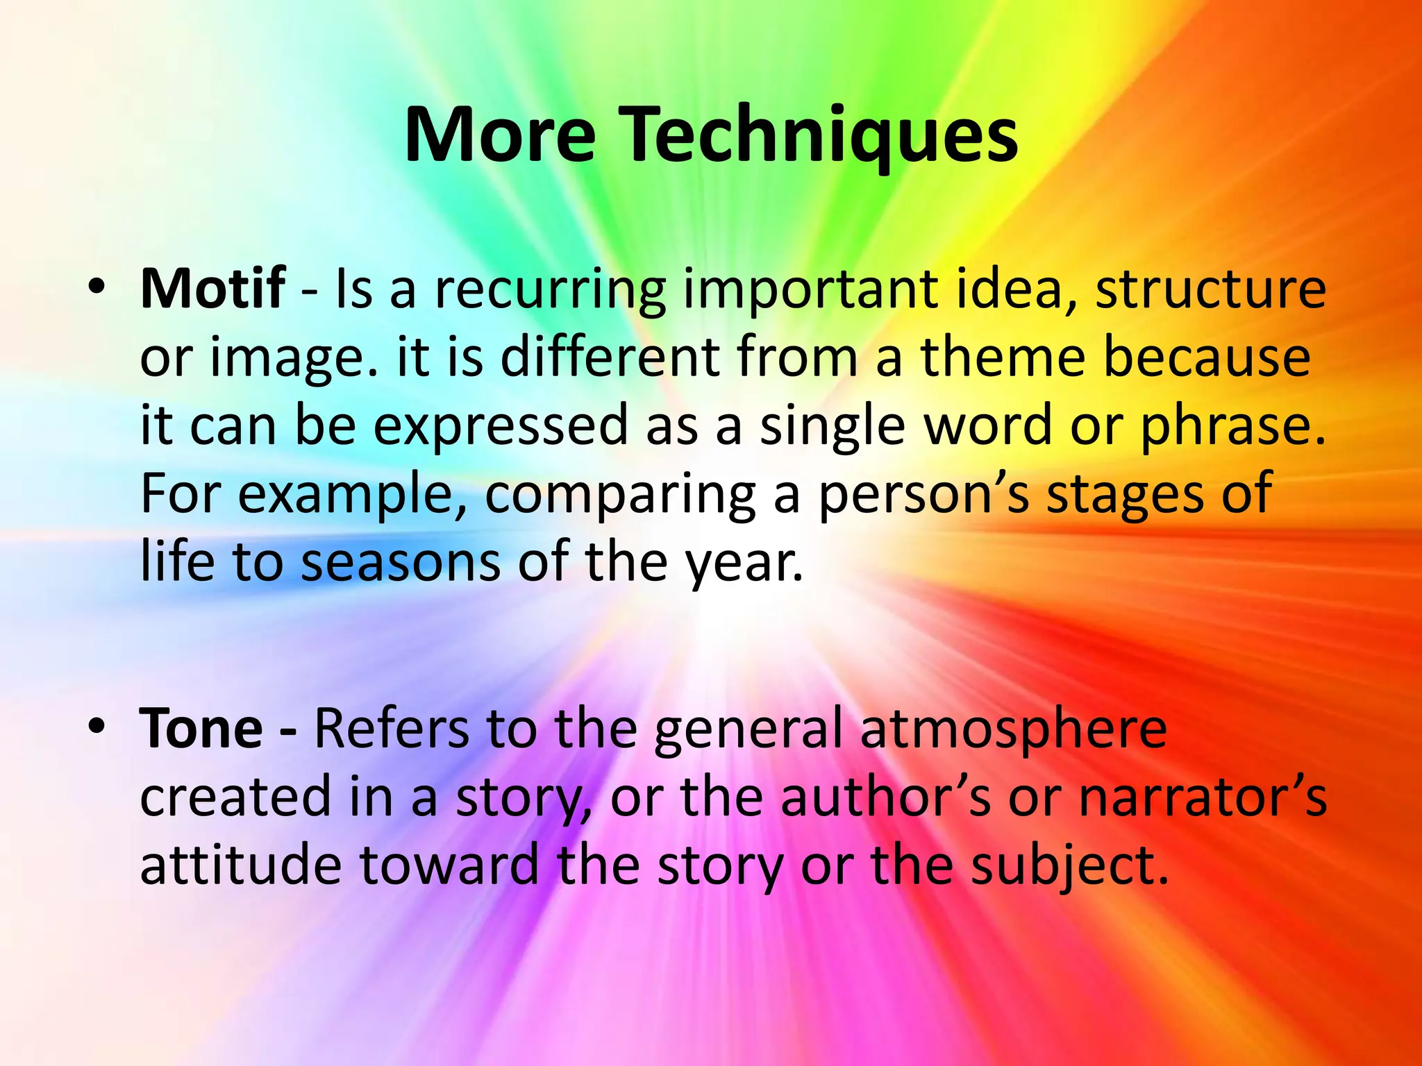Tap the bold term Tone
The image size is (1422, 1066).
(x=201, y=728)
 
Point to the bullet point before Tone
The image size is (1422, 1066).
(x=97, y=726)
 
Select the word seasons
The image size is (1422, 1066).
(x=400, y=562)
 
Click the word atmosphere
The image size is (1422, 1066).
(x=1013, y=729)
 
